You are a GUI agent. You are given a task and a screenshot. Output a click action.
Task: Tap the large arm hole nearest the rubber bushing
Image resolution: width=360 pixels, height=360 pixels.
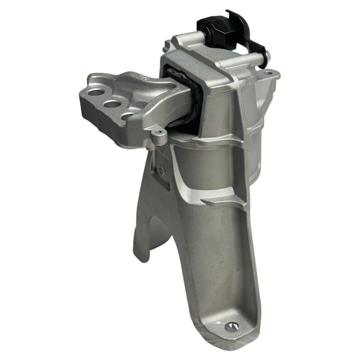(129, 117)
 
